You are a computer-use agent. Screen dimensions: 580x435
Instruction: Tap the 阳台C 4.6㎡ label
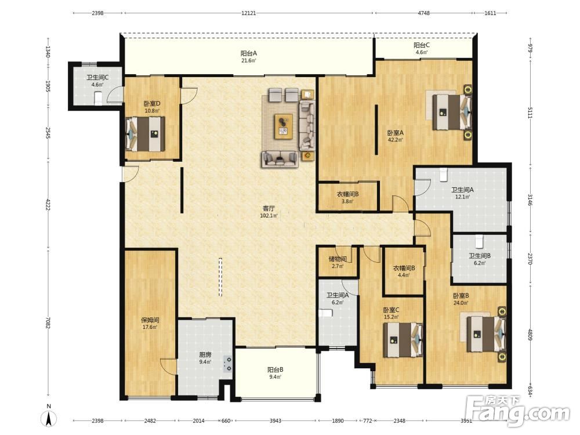[x=421, y=49]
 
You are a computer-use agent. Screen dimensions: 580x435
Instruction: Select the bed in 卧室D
[x=145, y=134]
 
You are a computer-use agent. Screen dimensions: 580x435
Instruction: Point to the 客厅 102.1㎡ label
[x=269, y=212]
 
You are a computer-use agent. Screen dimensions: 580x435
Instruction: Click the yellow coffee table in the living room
[x=284, y=126]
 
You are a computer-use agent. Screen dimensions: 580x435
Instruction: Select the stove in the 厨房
[x=228, y=364]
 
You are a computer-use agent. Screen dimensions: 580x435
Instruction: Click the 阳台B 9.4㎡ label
[x=275, y=373]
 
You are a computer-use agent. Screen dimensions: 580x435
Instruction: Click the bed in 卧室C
[x=403, y=339]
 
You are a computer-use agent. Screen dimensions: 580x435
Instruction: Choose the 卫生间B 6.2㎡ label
[x=480, y=259]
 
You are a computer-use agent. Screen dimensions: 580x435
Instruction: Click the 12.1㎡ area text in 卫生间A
[x=462, y=197]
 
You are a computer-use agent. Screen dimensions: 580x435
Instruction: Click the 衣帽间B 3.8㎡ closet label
[x=347, y=198]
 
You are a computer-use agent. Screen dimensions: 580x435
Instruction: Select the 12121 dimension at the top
[x=249, y=13]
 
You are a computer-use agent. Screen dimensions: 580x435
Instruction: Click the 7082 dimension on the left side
[x=48, y=322]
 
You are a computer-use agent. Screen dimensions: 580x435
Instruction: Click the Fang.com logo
[x=517, y=411]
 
